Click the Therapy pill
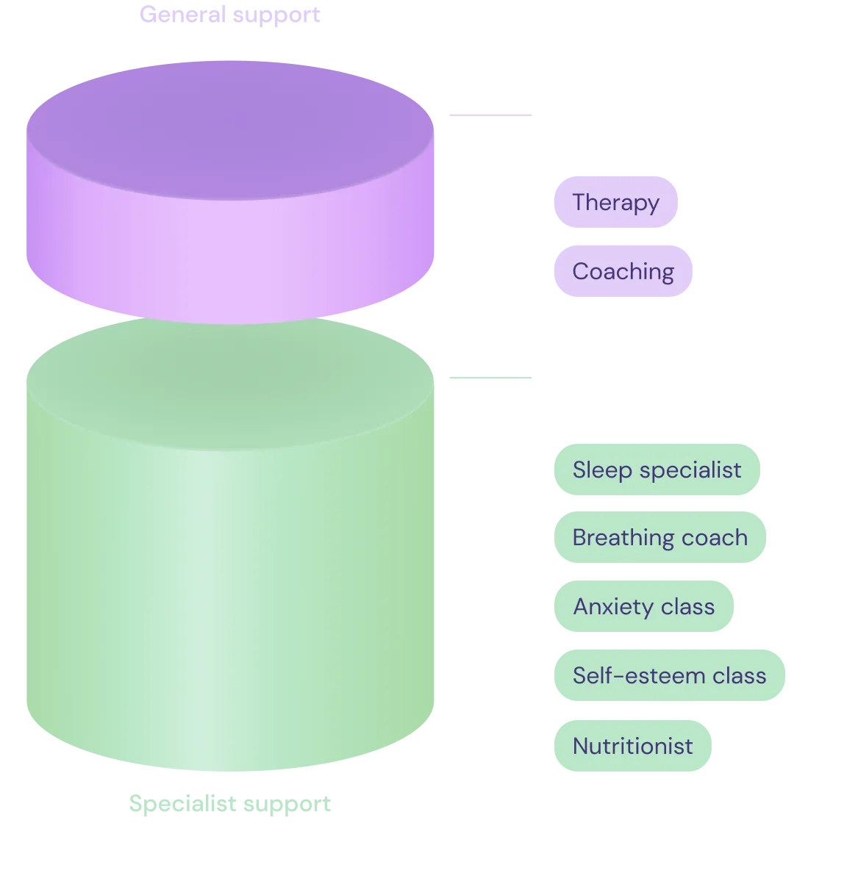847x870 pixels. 616,202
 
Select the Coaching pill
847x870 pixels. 623,271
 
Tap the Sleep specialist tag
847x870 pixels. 657,470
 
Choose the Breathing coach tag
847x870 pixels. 660,538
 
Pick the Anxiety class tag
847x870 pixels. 643,606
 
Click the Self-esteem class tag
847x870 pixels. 669,675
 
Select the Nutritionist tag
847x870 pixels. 632,747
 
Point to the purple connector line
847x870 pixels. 491,115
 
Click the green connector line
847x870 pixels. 491,379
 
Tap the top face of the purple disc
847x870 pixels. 229,118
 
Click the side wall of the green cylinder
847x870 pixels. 229,588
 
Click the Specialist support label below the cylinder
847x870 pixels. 231,805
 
